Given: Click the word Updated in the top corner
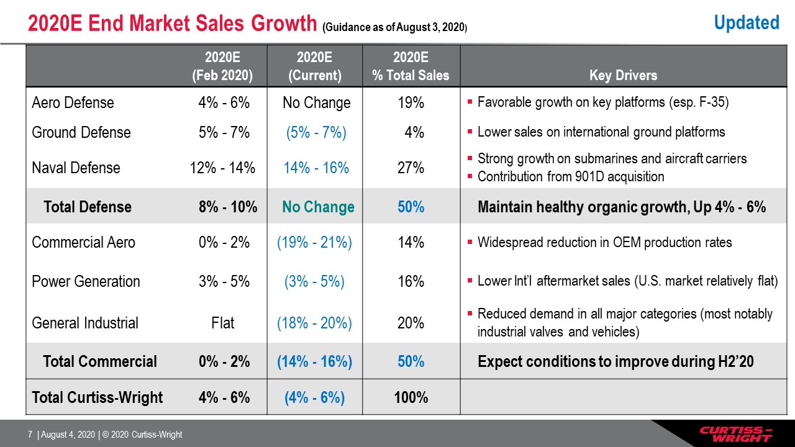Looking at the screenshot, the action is pos(747,22).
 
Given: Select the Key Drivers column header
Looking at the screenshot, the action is pos(623,75).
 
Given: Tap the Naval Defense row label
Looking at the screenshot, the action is pos(76,168).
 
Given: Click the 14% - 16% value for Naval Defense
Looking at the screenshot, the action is pos(316,168).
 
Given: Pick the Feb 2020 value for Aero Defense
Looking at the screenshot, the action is pos(224,102).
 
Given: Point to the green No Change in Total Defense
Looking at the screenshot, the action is pos(318,207).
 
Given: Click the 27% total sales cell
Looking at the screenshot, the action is pos(411,168).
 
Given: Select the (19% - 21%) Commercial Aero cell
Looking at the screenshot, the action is pos(314,242).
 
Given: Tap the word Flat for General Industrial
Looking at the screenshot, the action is pos(222,323).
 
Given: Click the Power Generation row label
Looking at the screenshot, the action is pos(86,281).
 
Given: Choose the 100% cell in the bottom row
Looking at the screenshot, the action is pos(411,397).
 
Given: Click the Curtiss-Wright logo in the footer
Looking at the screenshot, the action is pos(735,433).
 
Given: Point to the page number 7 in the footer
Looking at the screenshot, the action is pos(30,434).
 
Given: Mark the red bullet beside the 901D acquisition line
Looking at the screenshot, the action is pos(470,176).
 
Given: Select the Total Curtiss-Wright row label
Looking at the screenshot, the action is pos(98,397).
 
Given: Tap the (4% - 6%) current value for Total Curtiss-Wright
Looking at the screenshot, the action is pos(314,397).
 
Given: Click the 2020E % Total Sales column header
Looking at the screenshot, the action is pos(411,66).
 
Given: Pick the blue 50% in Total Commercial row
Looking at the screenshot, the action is pos(411,361).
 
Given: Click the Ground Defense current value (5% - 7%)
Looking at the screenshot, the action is pos(316,132).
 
